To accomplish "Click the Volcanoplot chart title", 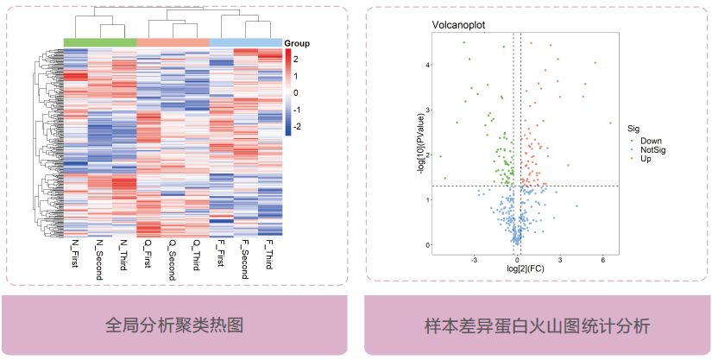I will [x=458, y=24].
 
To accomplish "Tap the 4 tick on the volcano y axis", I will [x=426, y=65].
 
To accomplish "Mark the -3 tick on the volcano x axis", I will [x=473, y=259].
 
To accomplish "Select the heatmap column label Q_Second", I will [x=173, y=256].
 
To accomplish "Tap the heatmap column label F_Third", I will [x=270, y=253].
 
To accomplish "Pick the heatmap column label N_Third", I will [x=124, y=253].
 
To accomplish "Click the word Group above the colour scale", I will [x=297, y=43].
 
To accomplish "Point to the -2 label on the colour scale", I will [x=299, y=126].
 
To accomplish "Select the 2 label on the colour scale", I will [x=297, y=59].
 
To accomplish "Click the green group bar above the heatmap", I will [x=100, y=42].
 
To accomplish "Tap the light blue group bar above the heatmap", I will [x=245, y=42].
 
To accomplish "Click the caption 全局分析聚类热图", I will [x=176, y=325].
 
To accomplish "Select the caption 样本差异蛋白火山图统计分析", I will [x=537, y=325].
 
